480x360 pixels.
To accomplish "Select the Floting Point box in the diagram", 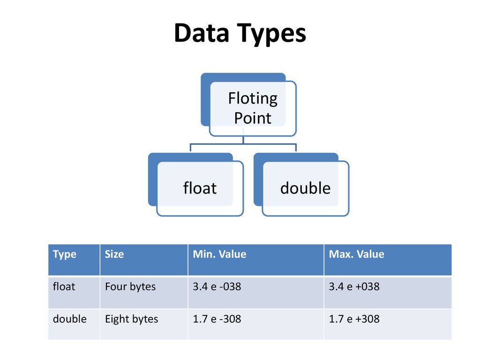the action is coord(248,105).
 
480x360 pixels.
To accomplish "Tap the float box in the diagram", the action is coord(196,184).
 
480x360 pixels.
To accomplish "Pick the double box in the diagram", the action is coord(301,184).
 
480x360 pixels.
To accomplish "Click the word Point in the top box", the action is coord(253,118).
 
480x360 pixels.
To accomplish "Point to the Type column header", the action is coord(65,255).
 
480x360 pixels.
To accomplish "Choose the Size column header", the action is coord(114,254).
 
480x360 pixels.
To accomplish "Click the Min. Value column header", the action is coord(219,254).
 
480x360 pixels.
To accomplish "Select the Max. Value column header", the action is coord(356,254).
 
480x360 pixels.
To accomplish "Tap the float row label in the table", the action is coord(64,286).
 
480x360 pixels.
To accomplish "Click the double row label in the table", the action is coord(70,319).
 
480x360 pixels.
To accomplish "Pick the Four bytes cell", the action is coord(130,287).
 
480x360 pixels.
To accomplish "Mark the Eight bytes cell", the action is coord(132,319).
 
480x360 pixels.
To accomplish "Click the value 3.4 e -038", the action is coord(217,286).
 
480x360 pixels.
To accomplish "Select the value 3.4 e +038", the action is coord(354,286).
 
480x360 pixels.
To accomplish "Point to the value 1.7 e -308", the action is coord(217,319).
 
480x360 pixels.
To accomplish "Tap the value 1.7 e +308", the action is coord(354,319).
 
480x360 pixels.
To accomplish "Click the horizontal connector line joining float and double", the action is coord(243,143).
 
